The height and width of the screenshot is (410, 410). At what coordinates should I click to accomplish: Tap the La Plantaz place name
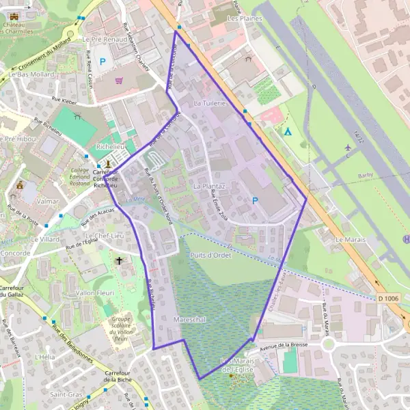[209, 186]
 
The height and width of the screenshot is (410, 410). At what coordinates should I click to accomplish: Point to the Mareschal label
[190, 319]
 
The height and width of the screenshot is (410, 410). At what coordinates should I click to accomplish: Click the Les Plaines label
[245, 18]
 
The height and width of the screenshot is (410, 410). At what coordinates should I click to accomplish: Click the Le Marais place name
[351, 240]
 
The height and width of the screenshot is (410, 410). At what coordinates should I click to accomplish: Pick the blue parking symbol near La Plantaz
[256, 201]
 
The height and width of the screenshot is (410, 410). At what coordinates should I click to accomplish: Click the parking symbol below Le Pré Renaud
[103, 61]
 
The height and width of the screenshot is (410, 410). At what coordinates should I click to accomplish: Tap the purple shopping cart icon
[119, 81]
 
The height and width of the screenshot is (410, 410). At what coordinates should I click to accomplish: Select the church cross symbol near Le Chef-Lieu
[120, 260]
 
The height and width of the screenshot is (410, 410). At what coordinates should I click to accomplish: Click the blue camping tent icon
[288, 131]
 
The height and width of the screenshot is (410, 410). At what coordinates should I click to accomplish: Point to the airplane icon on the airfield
[348, 147]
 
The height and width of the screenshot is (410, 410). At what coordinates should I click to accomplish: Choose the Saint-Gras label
[66, 395]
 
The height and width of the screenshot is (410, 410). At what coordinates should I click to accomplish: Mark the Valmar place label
[49, 202]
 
